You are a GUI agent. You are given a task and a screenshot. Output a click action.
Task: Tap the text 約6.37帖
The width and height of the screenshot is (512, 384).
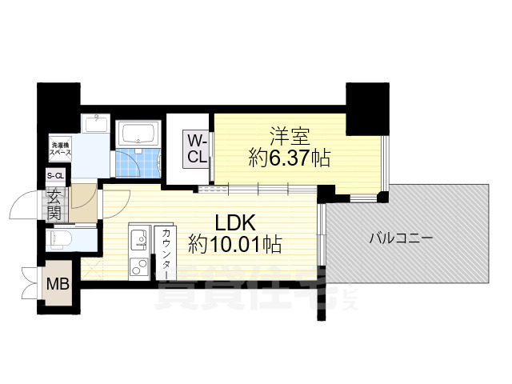click(x=290, y=158)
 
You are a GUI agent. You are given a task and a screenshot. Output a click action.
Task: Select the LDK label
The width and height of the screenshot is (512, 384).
click(x=232, y=218)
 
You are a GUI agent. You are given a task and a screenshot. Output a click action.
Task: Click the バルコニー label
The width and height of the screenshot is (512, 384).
click(x=401, y=238)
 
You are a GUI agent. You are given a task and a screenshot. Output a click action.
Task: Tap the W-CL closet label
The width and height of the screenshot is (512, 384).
click(x=198, y=149)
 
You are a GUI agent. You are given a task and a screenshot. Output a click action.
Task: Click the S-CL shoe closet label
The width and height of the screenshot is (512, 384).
click(x=55, y=176)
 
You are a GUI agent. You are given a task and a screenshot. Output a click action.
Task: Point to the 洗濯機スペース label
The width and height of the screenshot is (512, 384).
click(x=59, y=146)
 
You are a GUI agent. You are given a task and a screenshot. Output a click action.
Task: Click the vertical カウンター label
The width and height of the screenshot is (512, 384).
click(x=165, y=251)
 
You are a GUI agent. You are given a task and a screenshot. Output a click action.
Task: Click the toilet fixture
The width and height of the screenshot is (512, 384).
click(x=62, y=238)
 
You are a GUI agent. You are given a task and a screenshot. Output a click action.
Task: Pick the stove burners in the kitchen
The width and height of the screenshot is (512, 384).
click(x=137, y=265)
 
